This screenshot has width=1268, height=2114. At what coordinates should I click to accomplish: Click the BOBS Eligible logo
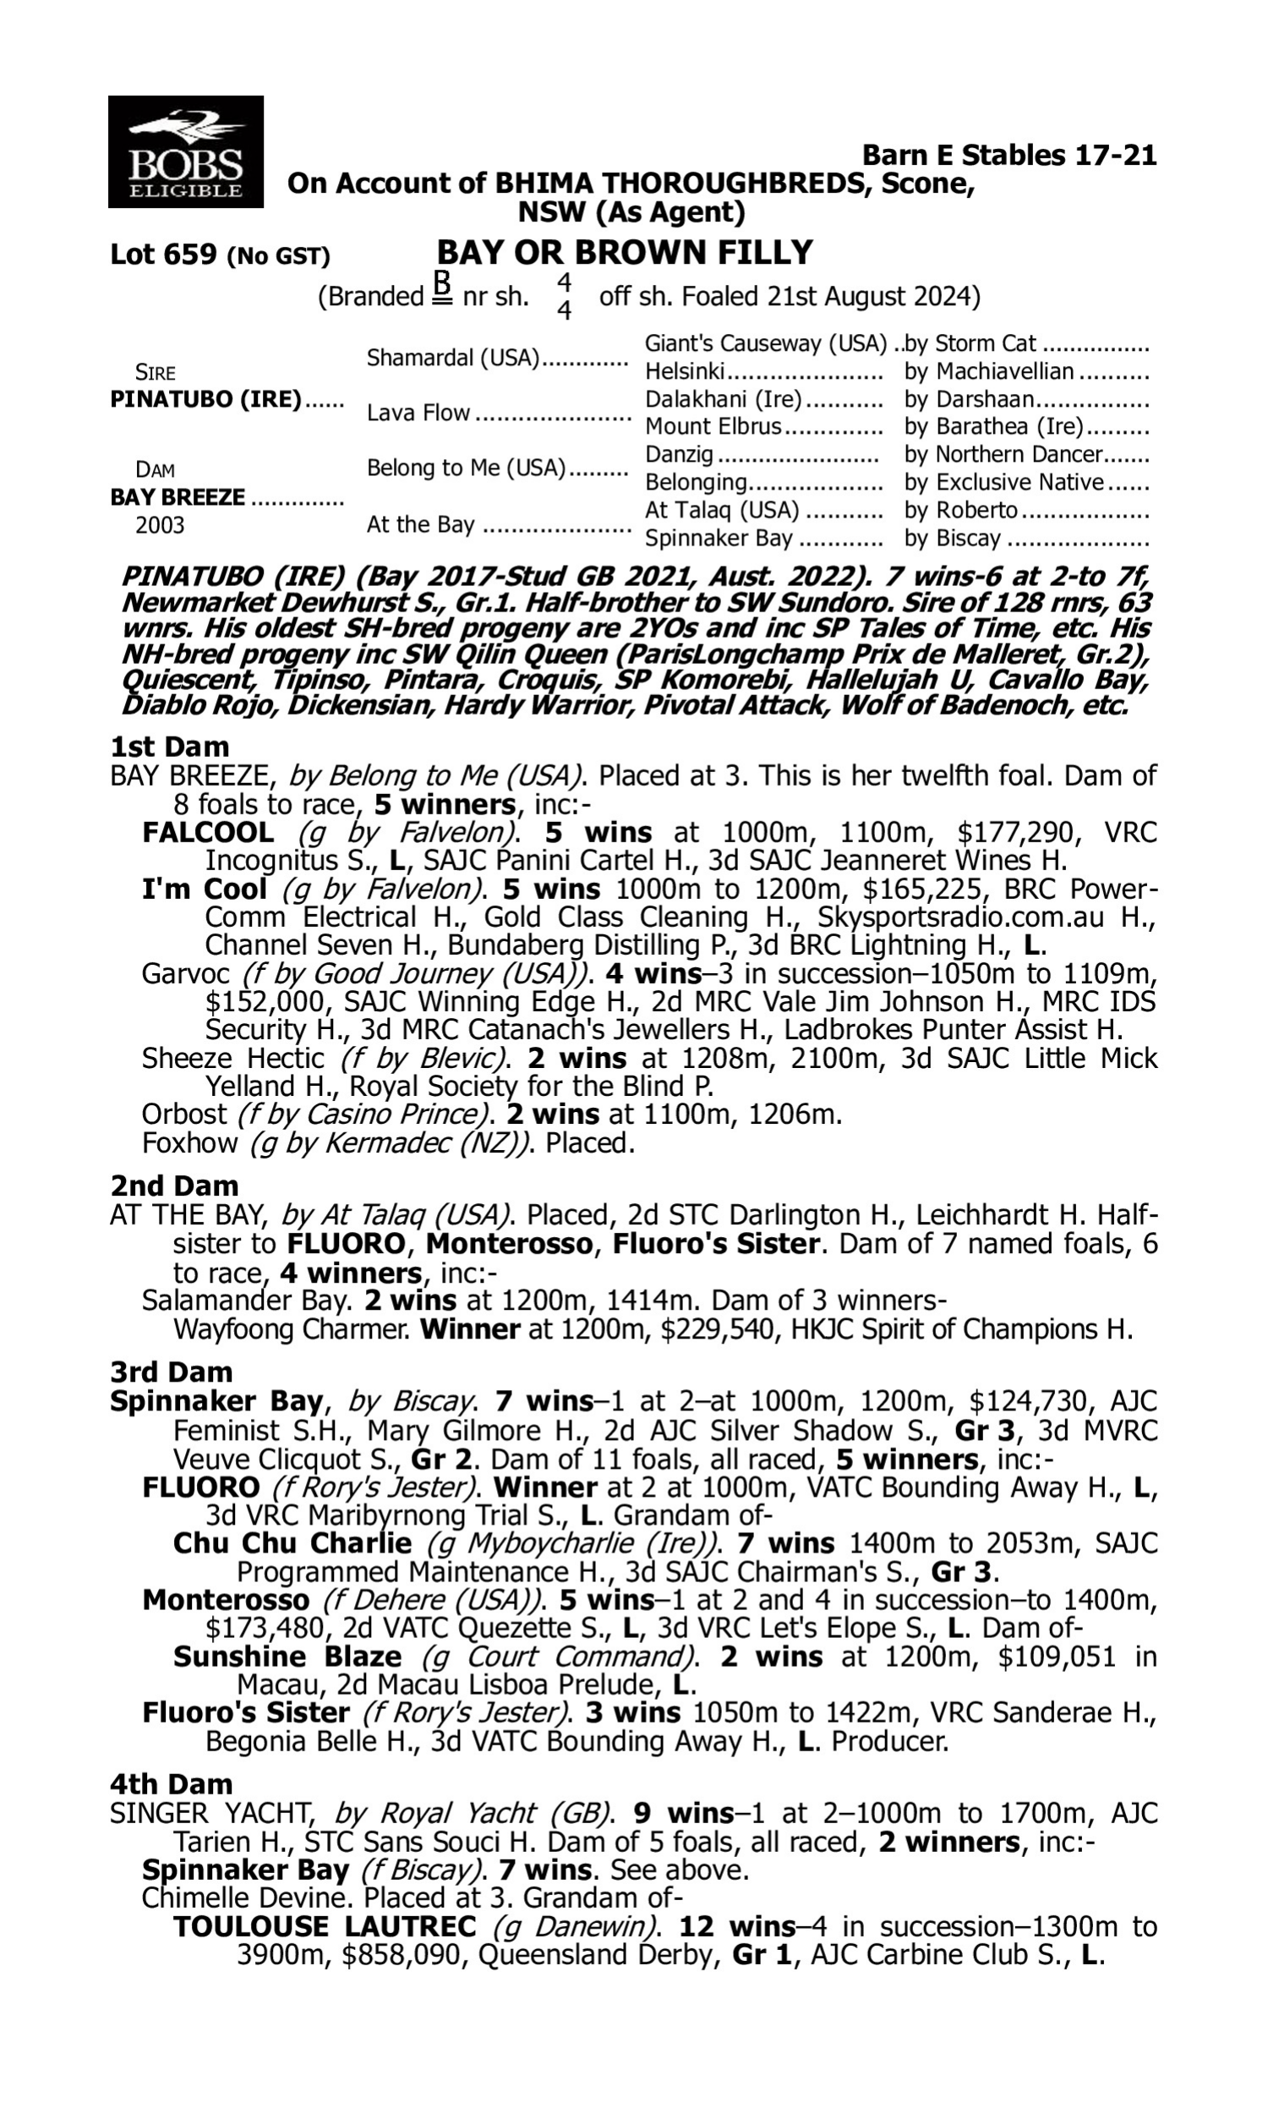click(x=185, y=152)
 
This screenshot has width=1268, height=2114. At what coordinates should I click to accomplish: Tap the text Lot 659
click(x=164, y=255)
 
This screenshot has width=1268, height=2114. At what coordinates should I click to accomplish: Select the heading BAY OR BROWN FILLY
click(x=625, y=253)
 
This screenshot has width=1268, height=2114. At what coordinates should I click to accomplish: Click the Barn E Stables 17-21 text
click(x=1009, y=156)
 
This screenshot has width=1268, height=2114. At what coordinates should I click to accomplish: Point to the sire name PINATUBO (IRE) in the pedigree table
click(x=206, y=400)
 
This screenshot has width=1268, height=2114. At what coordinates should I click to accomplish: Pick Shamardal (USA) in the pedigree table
click(x=453, y=358)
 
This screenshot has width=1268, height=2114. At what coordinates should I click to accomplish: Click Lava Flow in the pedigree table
click(x=418, y=413)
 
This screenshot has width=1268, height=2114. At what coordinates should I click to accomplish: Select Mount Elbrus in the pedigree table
click(x=713, y=426)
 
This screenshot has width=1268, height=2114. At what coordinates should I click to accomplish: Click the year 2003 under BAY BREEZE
click(x=160, y=524)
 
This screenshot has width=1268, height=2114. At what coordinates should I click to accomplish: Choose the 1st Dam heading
click(x=170, y=747)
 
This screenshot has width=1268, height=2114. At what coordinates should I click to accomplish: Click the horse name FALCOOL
click(x=208, y=832)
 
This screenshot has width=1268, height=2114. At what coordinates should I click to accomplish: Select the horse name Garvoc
click(x=186, y=974)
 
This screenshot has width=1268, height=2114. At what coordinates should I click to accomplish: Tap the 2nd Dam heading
click(x=174, y=1186)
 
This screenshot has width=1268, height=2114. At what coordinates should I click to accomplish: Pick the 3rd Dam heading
click(x=172, y=1372)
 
